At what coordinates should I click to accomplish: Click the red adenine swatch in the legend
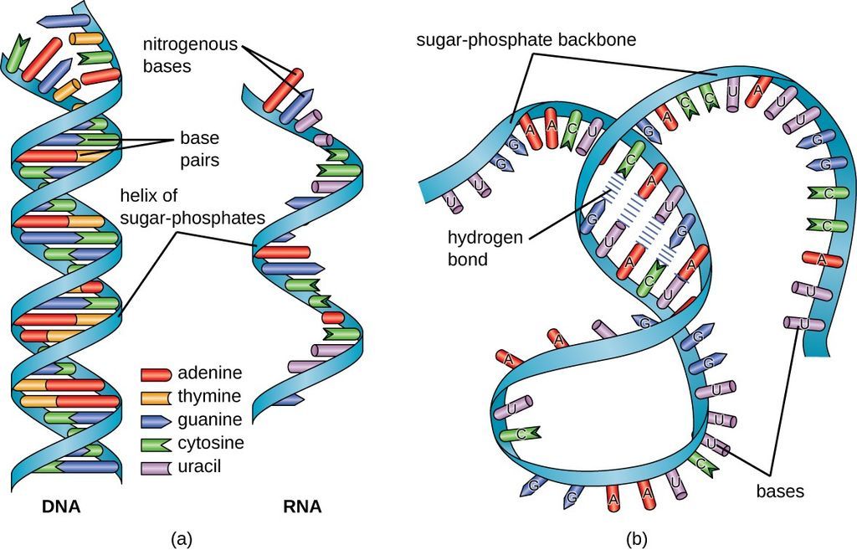[x=157, y=373]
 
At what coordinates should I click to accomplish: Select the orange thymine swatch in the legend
[x=157, y=396]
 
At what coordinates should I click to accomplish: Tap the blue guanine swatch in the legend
[x=157, y=419]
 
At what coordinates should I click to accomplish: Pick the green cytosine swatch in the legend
[x=157, y=442]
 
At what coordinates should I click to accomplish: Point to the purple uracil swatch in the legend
[x=157, y=465]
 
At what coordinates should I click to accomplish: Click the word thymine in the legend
[x=209, y=396]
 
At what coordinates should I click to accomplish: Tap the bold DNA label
[x=61, y=506]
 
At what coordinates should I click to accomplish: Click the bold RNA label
[x=301, y=506]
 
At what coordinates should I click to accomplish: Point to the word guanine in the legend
[x=209, y=419]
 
